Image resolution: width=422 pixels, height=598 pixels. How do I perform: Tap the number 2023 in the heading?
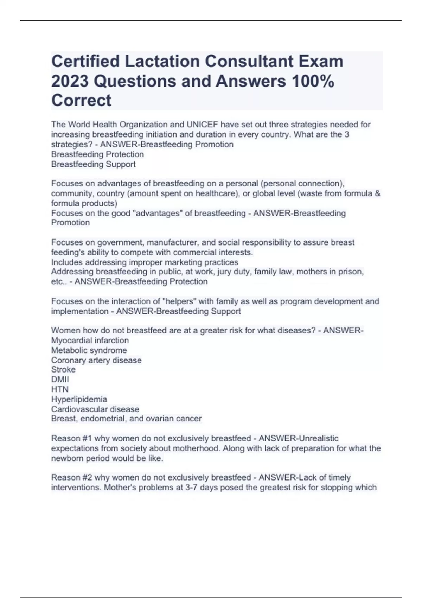[70, 81]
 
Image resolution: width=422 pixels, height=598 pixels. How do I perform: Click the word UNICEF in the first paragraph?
[202, 125]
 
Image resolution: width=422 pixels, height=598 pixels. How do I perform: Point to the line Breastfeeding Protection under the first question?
[97, 154]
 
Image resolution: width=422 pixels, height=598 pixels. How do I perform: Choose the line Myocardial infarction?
[90, 341]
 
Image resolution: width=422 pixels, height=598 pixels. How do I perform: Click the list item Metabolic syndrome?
[89, 350]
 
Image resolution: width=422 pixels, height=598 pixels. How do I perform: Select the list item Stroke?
[63, 370]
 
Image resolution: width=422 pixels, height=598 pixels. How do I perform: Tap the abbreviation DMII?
[60, 380]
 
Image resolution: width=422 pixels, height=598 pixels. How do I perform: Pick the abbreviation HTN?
[60, 389]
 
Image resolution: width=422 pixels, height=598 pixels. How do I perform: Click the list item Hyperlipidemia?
[79, 399]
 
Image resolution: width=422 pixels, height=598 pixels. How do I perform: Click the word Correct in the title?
[81, 101]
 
